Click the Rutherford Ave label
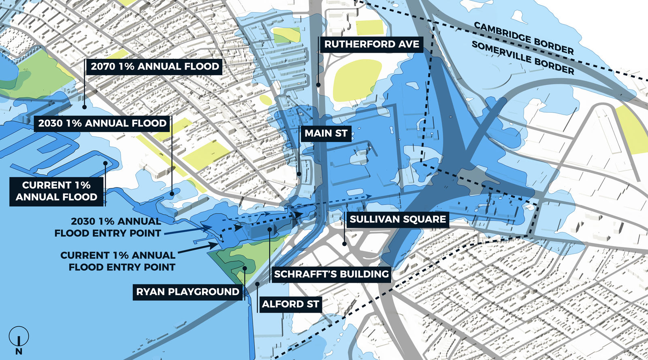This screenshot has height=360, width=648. (x=371, y=44)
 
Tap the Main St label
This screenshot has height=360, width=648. (x=326, y=133)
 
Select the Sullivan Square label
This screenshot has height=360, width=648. (x=397, y=219)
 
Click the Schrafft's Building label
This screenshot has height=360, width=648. (x=331, y=274)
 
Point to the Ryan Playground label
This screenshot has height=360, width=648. (x=188, y=292)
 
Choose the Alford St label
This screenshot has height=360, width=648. (x=290, y=304)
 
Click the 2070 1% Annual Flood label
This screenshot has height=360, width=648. (x=154, y=66)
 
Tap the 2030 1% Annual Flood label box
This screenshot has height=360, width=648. (x=102, y=123)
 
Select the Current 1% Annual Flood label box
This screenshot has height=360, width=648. (x=56, y=191)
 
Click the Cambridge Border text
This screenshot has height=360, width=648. (x=524, y=38)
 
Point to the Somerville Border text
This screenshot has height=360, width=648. (x=522, y=58)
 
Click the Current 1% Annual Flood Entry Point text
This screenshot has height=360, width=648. (x=117, y=261)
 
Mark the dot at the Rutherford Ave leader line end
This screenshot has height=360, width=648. (x=318, y=85)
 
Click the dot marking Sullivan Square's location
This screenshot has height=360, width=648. (x=344, y=244)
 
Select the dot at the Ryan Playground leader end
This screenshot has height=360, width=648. (x=245, y=268)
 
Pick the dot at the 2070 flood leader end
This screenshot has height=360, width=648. (x=84, y=107)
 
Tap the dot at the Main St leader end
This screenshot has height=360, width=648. (x=299, y=174)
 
